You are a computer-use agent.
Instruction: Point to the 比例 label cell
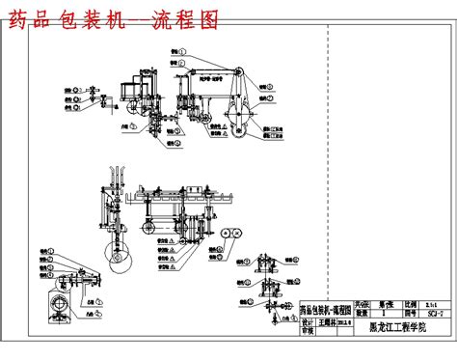click(x=411, y=301)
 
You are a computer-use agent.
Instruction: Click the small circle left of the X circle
click(x=224, y=234)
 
